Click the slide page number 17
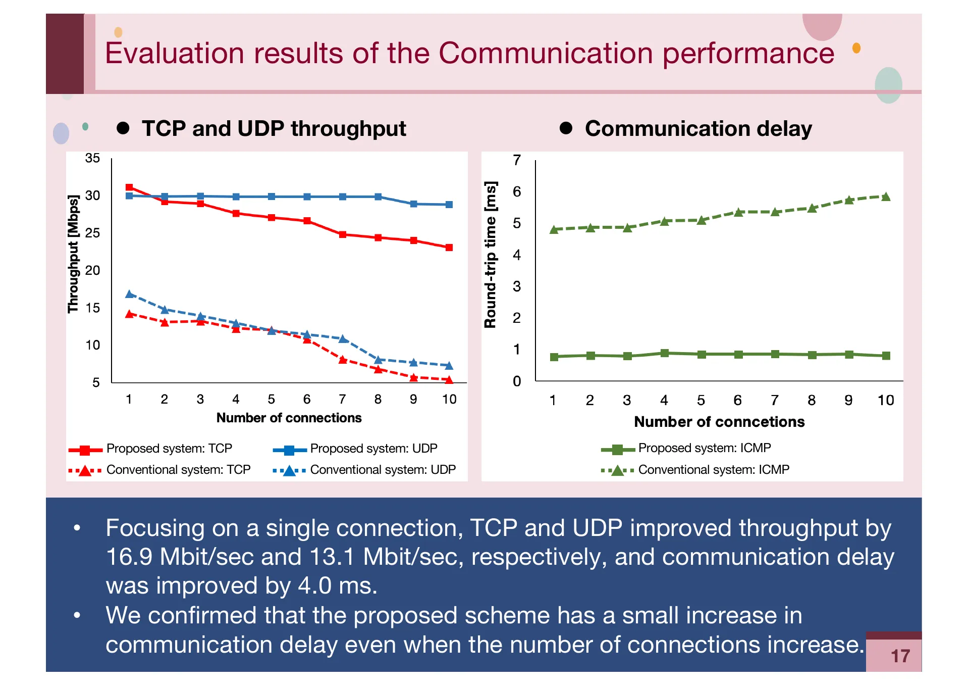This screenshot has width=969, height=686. click(900, 656)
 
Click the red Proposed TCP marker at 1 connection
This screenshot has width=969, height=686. click(129, 187)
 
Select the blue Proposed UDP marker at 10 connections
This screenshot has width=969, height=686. click(449, 205)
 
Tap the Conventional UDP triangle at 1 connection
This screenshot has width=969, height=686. click(129, 294)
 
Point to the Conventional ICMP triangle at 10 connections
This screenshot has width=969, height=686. click(886, 197)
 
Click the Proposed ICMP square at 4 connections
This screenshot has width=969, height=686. click(664, 353)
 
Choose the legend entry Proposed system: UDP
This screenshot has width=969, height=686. click(373, 449)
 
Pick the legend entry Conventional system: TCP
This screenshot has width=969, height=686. click(178, 470)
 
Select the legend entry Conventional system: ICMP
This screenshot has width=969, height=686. click(713, 470)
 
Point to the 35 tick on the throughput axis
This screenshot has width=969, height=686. click(92, 158)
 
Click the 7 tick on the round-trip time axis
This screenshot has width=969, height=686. click(516, 160)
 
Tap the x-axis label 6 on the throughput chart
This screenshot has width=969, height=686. click(307, 400)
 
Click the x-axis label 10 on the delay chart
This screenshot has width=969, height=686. click(885, 401)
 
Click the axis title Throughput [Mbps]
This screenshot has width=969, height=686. click(74, 254)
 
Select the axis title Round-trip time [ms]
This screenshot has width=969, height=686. click(491, 255)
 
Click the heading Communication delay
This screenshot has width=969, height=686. click(698, 128)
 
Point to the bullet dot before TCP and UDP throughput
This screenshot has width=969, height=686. click(123, 128)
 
